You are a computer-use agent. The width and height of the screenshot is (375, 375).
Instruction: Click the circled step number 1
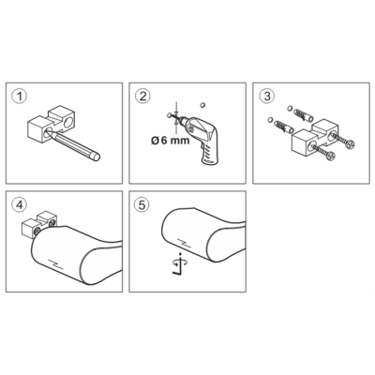20,97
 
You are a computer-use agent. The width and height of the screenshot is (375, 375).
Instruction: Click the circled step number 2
142,97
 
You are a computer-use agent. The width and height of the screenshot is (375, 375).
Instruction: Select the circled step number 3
267,97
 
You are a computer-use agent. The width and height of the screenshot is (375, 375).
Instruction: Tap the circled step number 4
20,205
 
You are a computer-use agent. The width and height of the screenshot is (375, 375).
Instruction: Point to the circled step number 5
142,205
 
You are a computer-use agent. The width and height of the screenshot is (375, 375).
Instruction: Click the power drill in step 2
200,138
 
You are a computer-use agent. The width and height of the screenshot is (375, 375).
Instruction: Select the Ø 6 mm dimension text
171,141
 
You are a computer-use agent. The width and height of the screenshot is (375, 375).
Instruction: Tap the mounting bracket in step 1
52,125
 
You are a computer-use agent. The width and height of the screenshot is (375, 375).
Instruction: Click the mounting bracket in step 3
315,138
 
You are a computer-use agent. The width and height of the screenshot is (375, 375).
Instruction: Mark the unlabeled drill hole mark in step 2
202,105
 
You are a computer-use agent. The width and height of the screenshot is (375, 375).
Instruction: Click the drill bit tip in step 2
172,116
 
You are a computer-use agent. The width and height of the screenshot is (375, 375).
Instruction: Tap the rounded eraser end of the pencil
96,157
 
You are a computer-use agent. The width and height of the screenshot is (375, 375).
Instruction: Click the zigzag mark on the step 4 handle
56,264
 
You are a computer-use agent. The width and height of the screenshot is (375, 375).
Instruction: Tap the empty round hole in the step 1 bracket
67,122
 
